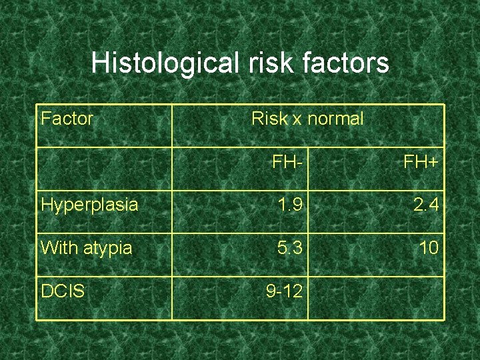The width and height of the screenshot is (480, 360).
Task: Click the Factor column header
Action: [x=67, y=119]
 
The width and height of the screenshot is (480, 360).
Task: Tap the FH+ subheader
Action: [x=421, y=162]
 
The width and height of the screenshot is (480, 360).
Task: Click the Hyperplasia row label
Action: [x=89, y=205]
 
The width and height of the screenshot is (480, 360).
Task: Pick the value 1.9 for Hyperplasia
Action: [x=290, y=205]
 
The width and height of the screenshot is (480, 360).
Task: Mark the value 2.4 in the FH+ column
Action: [x=425, y=205]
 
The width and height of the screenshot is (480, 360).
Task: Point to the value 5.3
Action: [x=290, y=248]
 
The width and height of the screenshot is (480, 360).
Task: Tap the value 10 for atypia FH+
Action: [x=429, y=248]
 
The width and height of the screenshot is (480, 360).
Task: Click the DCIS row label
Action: [x=63, y=291]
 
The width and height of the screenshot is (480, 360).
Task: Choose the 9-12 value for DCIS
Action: [x=285, y=291]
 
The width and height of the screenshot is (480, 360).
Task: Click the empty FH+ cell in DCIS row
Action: [x=376, y=297]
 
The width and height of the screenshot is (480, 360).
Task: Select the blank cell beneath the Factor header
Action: [x=104, y=168]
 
